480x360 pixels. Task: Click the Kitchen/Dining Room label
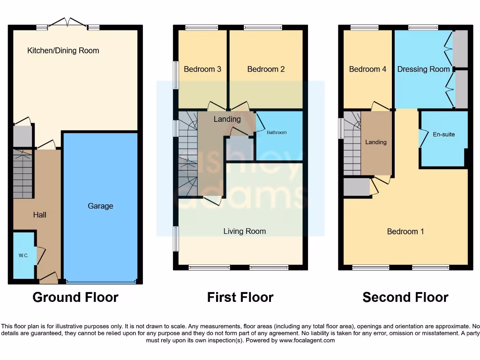pos(63,51)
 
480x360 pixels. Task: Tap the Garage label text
pos(100,206)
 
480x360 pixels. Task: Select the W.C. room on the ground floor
pos(23,255)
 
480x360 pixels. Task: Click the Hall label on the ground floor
pos(39,215)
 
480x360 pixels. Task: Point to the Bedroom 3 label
pos(202,69)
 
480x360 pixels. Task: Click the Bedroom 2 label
pos(266,69)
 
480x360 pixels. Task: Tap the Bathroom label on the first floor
pos(277,133)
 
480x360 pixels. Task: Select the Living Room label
pos(244,231)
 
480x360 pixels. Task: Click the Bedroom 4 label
pos(367,69)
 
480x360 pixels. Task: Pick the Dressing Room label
pos(423,69)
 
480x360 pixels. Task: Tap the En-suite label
pos(443,135)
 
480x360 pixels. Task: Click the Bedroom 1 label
pos(405,232)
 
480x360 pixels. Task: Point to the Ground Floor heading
pos(75,297)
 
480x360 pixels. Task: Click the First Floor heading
pos(240,297)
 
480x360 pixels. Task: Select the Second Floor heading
pos(405,297)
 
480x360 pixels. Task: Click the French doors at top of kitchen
pos(68,22)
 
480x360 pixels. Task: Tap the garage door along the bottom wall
pos(101,282)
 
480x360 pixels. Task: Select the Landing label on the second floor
pos(376,142)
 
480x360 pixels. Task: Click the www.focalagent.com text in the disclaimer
pos(307,340)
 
